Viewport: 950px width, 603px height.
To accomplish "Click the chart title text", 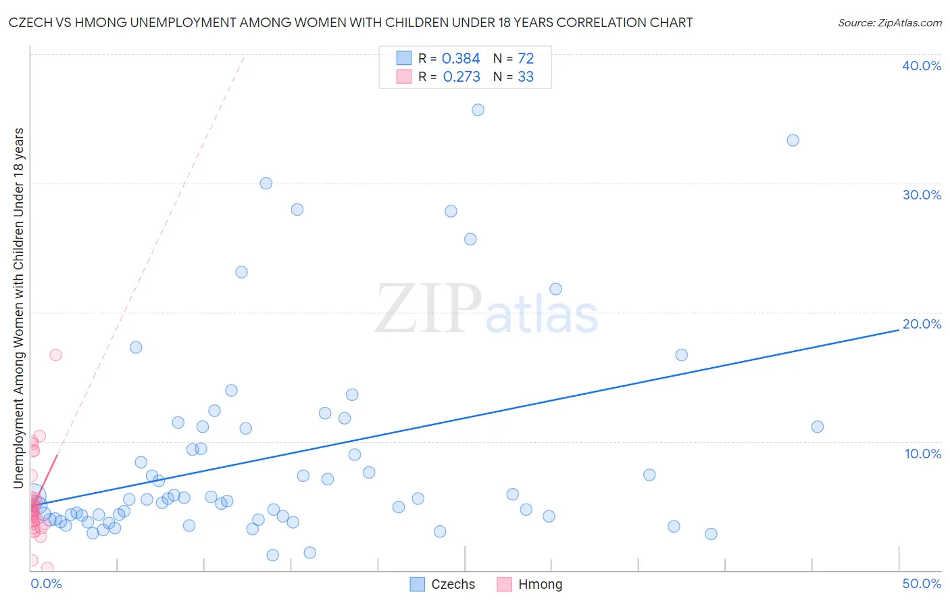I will [x=351, y=23].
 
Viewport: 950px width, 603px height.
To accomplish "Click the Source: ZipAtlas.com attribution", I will [x=889, y=23].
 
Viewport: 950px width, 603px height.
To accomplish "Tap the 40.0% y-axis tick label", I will [x=922, y=66].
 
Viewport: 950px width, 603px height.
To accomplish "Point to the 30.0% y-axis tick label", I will [x=922, y=195].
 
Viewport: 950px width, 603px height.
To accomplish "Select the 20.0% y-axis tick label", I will [x=922, y=324].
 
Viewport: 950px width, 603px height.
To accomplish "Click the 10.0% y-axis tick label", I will [x=922, y=454].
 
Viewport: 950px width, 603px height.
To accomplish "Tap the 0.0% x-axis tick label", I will [x=46, y=583].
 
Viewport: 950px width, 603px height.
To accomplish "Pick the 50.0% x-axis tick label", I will [x=922, y=583].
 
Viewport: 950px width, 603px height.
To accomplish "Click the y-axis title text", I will [x=18, y=308].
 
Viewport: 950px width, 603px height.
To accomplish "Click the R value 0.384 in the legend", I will [x=461, y=59].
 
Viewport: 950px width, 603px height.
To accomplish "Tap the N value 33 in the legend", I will [x=526, y=77].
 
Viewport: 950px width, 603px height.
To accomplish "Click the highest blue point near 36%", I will [x=478, y=110].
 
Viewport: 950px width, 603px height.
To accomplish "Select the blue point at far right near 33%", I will [x=793, y=141].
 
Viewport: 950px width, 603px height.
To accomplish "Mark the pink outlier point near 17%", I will [x=55, y=355].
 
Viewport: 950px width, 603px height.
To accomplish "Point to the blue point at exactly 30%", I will [x=266, y=183].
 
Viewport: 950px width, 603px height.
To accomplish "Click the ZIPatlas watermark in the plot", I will [x=486, y=310].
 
